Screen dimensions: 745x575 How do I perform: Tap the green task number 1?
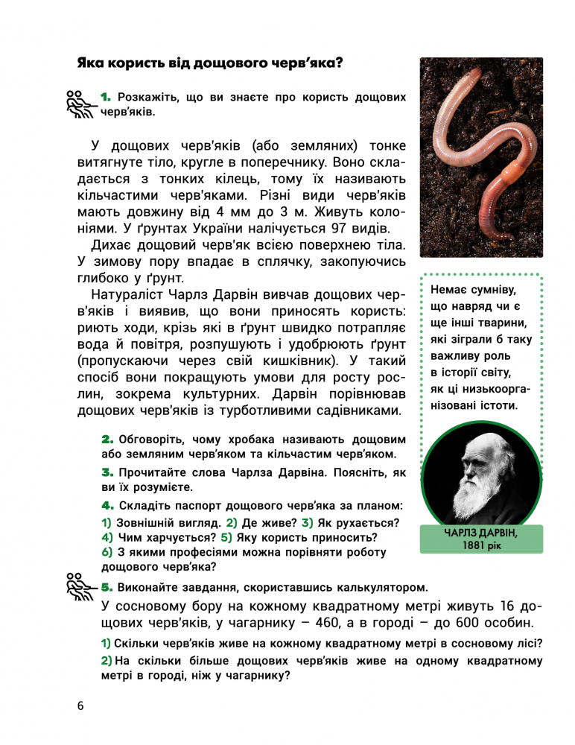(105, 97)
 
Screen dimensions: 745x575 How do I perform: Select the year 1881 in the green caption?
(471, 545)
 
